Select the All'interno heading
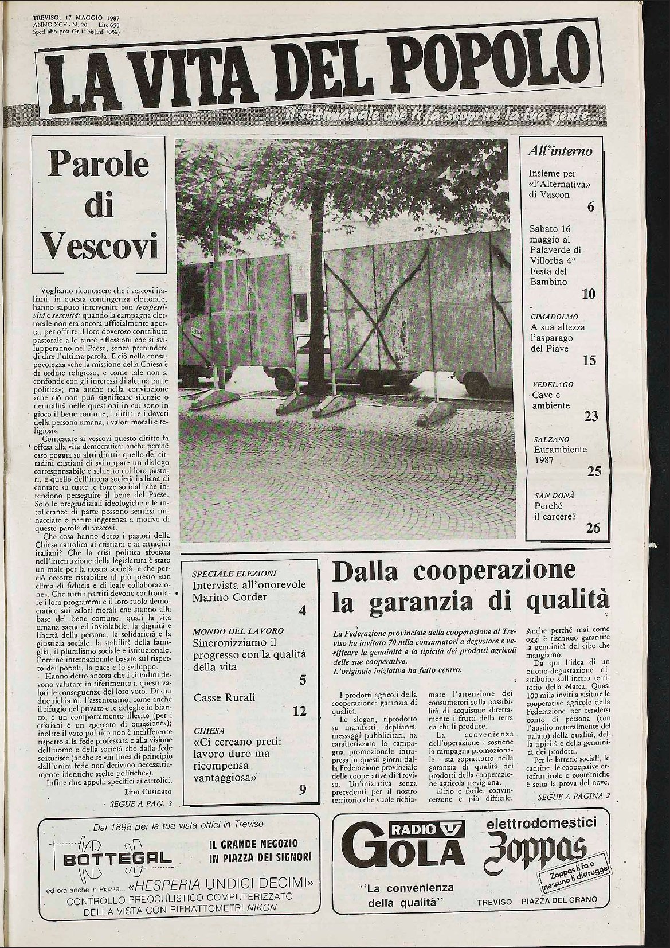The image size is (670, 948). coord(559,151)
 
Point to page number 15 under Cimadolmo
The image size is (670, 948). coord(589,361)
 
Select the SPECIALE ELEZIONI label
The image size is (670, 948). coord(234,573)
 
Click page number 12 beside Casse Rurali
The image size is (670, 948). coord(299,711)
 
